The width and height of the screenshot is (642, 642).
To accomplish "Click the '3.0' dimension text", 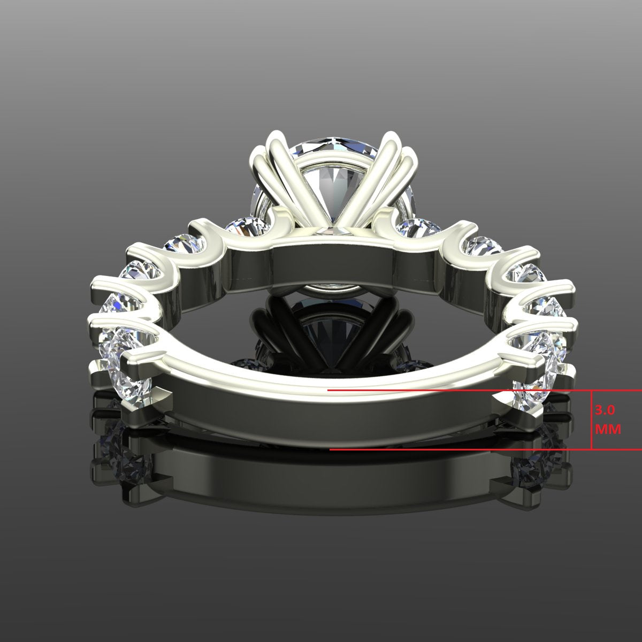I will (605, 411).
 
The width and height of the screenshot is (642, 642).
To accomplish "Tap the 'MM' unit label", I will (608, 429).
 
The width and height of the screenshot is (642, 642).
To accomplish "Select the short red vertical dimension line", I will (591, 420).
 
